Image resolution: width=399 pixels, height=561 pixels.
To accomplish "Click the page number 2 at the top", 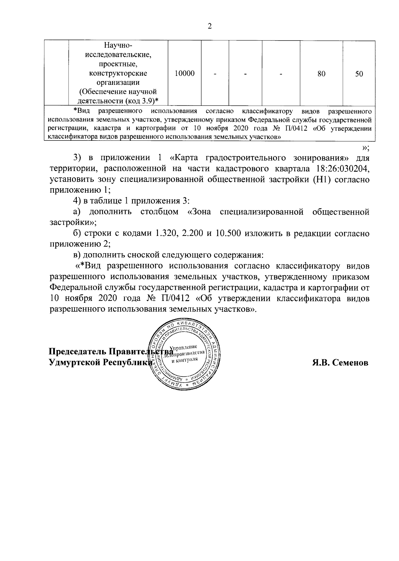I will pyautogui.click(x=209, y=27).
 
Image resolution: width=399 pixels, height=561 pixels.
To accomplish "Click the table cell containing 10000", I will pyautogui.click(x=185, y=74).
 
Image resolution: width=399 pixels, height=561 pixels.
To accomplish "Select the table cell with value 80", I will pyautogui.click(x=321, y=74).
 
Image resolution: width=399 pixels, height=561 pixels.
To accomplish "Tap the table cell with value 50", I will pyautogui.click(x=359, y=74).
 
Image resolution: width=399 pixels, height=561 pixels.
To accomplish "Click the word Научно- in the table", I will pyautogui.click(x=118, y=45).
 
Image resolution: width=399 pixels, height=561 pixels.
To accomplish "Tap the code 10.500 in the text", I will pyautogui.click(x=229, y=234).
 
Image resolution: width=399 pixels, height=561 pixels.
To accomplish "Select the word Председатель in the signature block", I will pyautogui.click(x=77, y=352).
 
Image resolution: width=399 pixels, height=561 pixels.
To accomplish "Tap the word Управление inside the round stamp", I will pyautogui.click(x=184, y=347).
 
